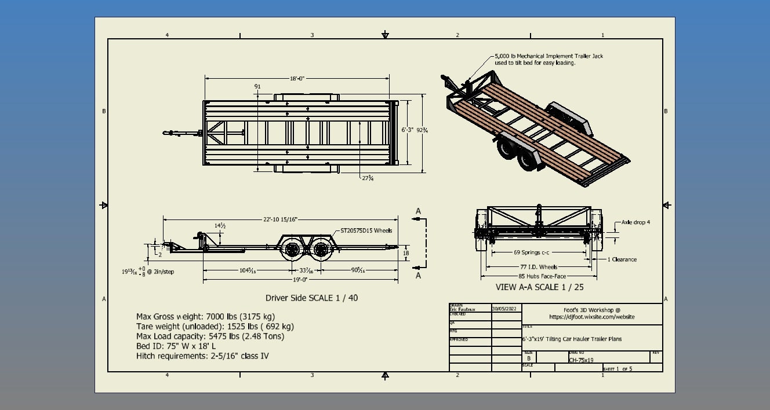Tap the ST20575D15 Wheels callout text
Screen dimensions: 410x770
coord(366,230)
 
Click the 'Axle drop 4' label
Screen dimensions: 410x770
coord(635,222)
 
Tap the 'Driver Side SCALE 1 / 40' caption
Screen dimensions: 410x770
coord(315,298)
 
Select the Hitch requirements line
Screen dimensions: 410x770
coord(202,356)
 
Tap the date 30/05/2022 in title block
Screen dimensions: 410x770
coord(504,310)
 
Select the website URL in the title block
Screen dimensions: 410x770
coord(591,317)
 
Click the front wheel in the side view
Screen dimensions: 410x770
coord(292,250)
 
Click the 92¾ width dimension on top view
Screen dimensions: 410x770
coord(422,130)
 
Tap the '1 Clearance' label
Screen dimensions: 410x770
coord(622,259)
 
